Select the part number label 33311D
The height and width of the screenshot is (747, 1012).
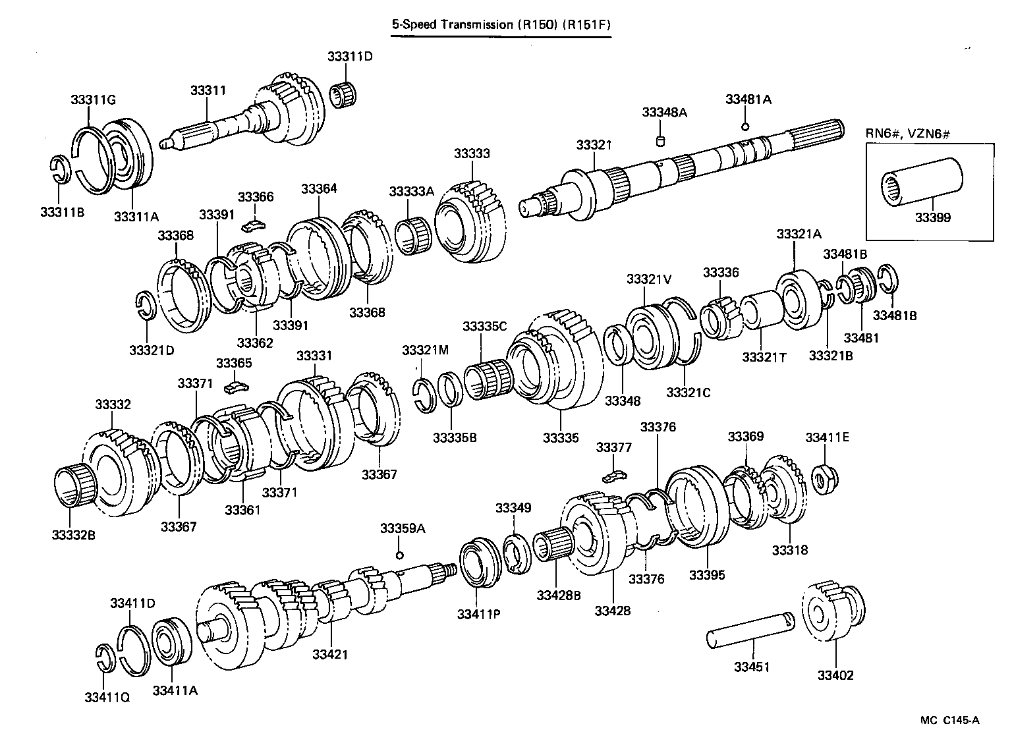[349, 57]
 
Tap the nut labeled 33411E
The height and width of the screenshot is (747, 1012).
[821, 479]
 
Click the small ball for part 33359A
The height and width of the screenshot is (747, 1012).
[399, 555]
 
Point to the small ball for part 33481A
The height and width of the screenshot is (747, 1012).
[745, 126]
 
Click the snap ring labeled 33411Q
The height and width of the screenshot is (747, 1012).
[105, 659]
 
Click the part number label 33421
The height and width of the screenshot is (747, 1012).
[330, 654]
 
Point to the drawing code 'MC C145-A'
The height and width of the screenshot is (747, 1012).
[949, 720]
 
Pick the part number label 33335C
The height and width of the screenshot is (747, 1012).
[484, 327]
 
